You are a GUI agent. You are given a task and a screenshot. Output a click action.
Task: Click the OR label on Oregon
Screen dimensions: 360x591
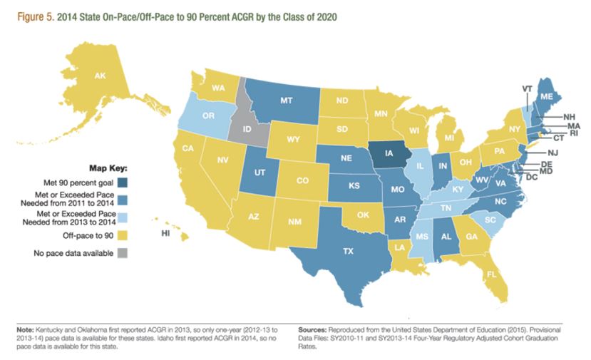[x=209, y=115]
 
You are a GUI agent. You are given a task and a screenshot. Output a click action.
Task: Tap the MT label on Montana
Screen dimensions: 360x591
[x=286, y=101]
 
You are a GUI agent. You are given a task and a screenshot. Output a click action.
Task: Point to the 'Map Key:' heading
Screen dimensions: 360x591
[x=108, y=169]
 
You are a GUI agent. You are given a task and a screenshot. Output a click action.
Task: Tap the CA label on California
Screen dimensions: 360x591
[x=189, y=149]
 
